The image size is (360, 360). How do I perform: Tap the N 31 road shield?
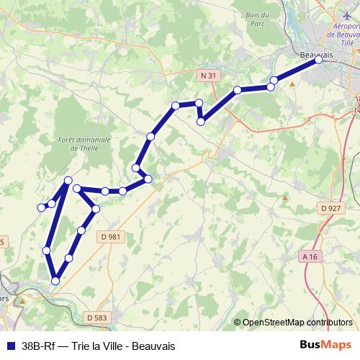click(207, 74)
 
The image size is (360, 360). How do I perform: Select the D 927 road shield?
click(330, 208)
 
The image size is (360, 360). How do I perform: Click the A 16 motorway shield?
click(310, 256)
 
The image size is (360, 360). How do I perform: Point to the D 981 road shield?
click(109, 236)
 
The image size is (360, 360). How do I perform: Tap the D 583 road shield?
click(95, 317)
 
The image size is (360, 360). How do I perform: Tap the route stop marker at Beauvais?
click(318, 60)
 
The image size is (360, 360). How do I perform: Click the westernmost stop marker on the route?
click(41, 208)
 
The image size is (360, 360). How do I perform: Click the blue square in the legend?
click(9, 346)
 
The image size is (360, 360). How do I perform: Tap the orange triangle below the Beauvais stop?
click(292, 84)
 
